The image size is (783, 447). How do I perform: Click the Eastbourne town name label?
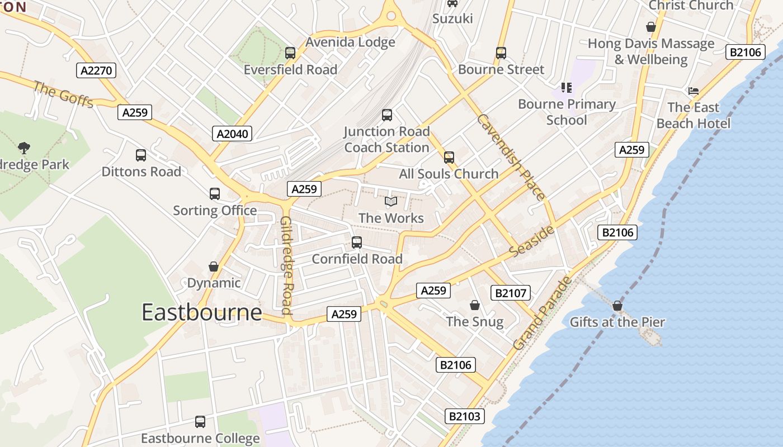tap(201, 312)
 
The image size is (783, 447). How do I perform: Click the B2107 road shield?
tap(510, 293)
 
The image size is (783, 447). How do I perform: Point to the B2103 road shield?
tap(464, 416)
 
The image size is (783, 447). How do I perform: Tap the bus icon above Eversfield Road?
tap(290, 53)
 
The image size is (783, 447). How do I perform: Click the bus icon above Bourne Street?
tap(501, 53)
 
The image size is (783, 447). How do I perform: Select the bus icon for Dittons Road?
tap(141, 155)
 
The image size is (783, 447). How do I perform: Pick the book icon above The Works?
tap(391, 201)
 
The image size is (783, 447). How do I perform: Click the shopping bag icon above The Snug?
tap(475, 305)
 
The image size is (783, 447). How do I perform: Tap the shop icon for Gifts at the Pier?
tap(617, 306)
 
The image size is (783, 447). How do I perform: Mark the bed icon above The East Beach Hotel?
tap(694, 91)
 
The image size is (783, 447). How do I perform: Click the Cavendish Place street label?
tap(511, 157)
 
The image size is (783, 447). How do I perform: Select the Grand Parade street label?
tap(542, 313)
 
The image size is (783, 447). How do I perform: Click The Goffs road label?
tap(63, 94)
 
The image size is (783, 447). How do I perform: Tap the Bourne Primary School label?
tap(567, 112)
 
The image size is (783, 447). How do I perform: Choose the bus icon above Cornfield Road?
tap(357, 242)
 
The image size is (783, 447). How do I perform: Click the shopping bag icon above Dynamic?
tap(214, 267)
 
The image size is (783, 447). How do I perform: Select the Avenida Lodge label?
tap(350, 42)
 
